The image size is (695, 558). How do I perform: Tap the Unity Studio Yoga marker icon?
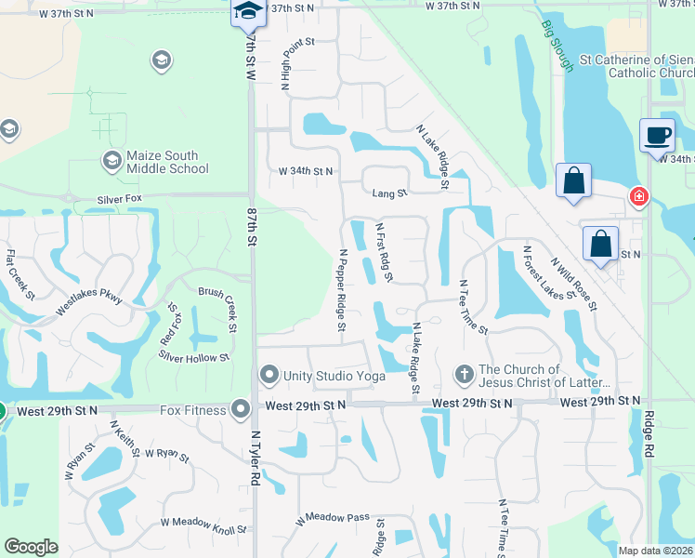269,376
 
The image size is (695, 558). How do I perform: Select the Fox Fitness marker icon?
241,409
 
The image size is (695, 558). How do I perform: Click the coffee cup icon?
657,136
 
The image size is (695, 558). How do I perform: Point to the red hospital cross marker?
638,196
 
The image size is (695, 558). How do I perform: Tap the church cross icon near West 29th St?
464,375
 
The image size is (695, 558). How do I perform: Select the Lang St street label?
389,193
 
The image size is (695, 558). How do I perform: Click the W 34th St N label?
306,172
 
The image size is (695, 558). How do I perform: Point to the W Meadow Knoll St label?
205,525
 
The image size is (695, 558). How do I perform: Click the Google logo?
31,547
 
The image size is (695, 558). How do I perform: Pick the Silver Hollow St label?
193,358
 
